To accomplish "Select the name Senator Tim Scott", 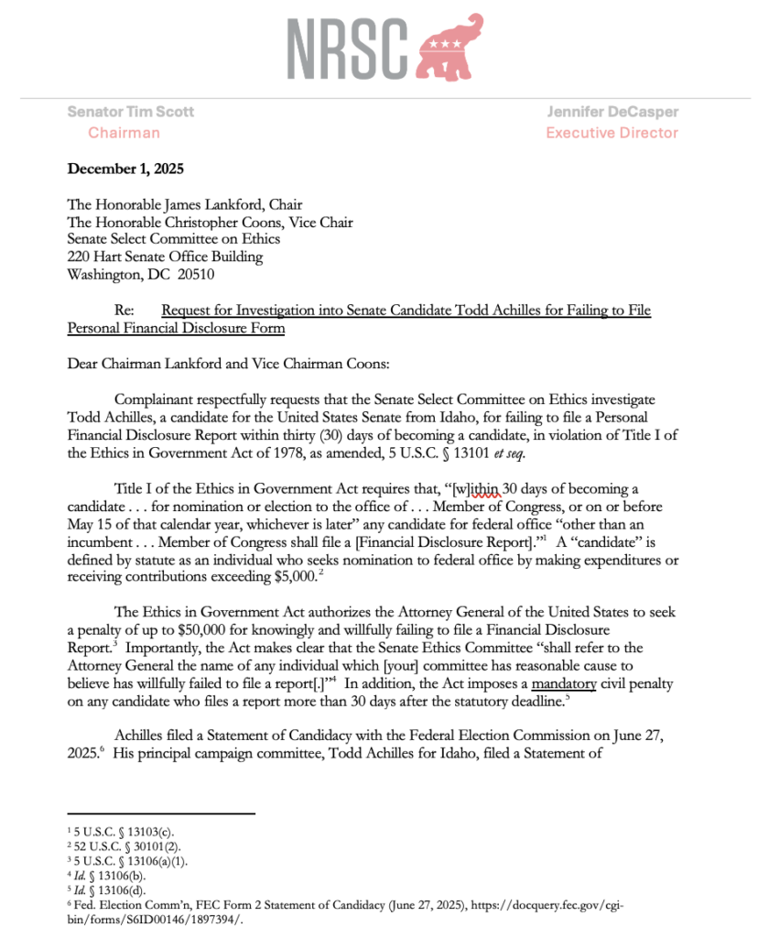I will coord(130,112).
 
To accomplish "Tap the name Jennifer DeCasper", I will coord(612,112).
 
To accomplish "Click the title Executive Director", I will coord(612,133).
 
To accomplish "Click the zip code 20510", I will coord(211,274).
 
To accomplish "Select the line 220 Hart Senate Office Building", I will coord(165,256).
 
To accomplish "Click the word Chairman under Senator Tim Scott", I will coord(124,133).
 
